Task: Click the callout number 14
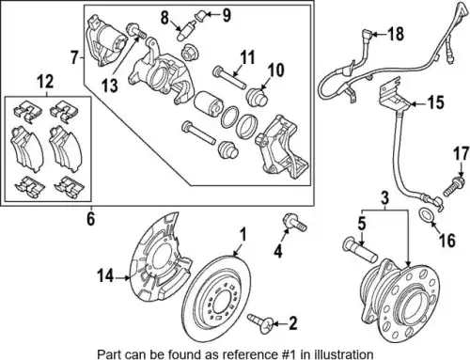[x=105, y=276]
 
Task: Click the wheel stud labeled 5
[x=360, y=250]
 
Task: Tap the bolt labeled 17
[x=453, y=186]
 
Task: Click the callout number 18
[x=396, y=34]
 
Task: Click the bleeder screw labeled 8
[x=185, y=30]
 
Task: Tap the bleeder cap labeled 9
[x=202, y=14]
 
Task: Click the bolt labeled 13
[x=136, y=31]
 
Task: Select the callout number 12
[x=46, y=82]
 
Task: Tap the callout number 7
[x=74, y=57]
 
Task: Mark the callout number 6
[x=90, y=219]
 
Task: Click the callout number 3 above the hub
[x=384, y=198]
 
